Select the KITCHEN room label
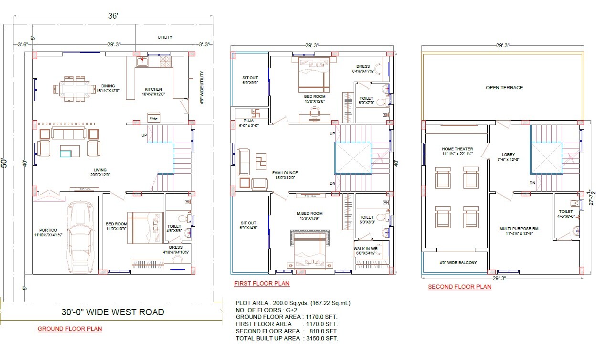pos(153,89)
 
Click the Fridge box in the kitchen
pos(154,118)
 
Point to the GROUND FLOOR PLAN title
pos(70,329)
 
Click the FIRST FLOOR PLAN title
pos(262,284)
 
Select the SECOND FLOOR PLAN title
pos(459,287)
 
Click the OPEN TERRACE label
pos(504,88)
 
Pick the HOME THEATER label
pos(457,149)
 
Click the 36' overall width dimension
pos(113,16)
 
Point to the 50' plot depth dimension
pos(4,163)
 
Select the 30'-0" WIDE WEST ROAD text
pos(113,312)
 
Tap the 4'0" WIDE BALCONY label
pos(458,263)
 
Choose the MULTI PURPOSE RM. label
pos(519,229)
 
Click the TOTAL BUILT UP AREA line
pos(287,339)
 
